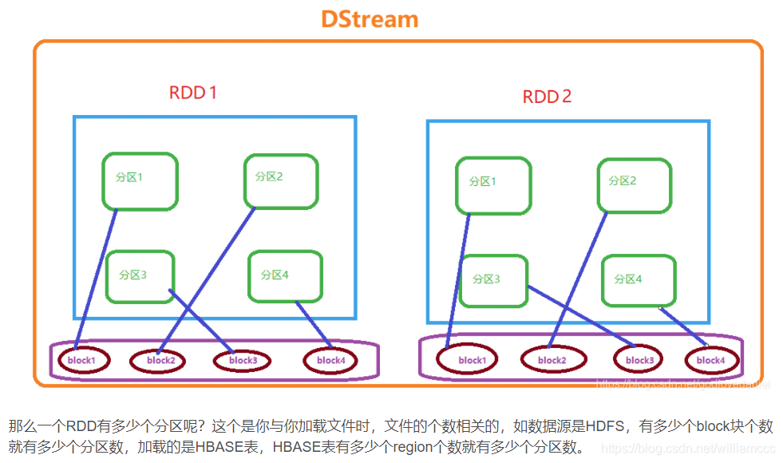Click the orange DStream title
coord(370,19)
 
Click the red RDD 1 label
coord(193,93)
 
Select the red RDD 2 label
coord(547,97)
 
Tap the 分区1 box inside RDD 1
coord(140,182)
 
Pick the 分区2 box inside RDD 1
coord(281,182)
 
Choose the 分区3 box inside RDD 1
coord(140,276)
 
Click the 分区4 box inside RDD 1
coord(285,276)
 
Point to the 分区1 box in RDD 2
coord(493,185)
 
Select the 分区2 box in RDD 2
coord(635,185)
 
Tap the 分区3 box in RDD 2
coord(494,281)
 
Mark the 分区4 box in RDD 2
coord(639,279)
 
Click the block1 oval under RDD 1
coord(81,360)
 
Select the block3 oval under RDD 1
coord(243,360)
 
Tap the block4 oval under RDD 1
coord(330,360)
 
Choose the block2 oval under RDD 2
coord(552,361)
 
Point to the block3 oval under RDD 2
coord(639,360)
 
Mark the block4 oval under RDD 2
coord(711,360)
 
